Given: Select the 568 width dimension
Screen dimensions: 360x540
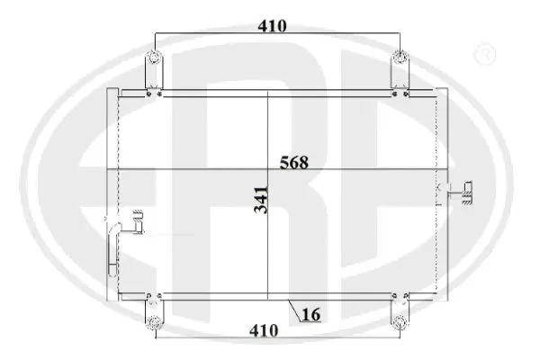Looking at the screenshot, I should pyautogui.click(x=293, y=163).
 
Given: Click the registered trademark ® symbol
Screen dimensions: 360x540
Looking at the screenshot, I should pyautogui.click(x=484, y=55).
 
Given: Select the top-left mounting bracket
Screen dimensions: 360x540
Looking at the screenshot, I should pyautogui.click(x=154, y=73).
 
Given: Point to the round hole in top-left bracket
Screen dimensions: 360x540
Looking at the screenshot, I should pyautogui.click(x=154, y=60).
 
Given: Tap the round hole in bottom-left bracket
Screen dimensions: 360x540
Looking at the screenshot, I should pyautogui.click(x=154, y=321).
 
